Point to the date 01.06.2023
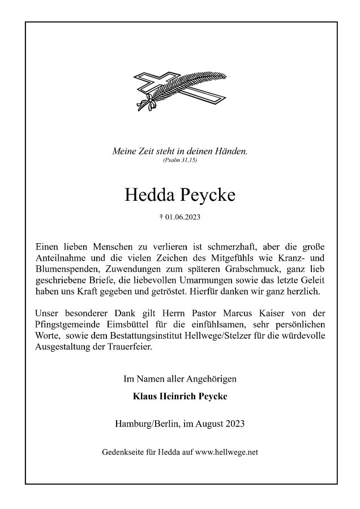click(183, 217)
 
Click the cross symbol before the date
click(162, 216)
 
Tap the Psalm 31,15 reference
click(180, 161)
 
